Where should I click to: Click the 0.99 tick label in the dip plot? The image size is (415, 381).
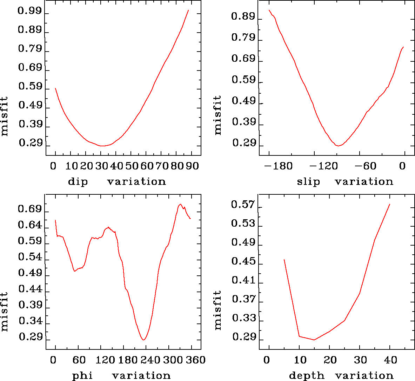tap(29, 12)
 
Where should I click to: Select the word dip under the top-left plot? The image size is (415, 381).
tap(78, 182)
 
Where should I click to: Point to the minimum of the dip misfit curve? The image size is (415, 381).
tap(102, 146)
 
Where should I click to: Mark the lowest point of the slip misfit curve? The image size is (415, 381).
tap(338, 146)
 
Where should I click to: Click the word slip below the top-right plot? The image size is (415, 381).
tap(308, 182)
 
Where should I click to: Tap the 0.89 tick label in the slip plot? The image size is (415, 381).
tap(243, 16)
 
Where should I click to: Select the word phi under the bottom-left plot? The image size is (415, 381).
tap(82, 376)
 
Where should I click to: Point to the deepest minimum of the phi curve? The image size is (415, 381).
tap(143, 340)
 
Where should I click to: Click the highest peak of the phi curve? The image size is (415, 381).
tap(180, 204)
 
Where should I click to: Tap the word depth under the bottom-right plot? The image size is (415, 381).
tap(307, 376)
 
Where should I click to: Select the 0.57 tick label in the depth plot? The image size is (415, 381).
tap(243, 205)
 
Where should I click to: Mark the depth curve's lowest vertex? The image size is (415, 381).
tap(314, 340)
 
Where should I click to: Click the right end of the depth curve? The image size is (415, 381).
tap(390, 204)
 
